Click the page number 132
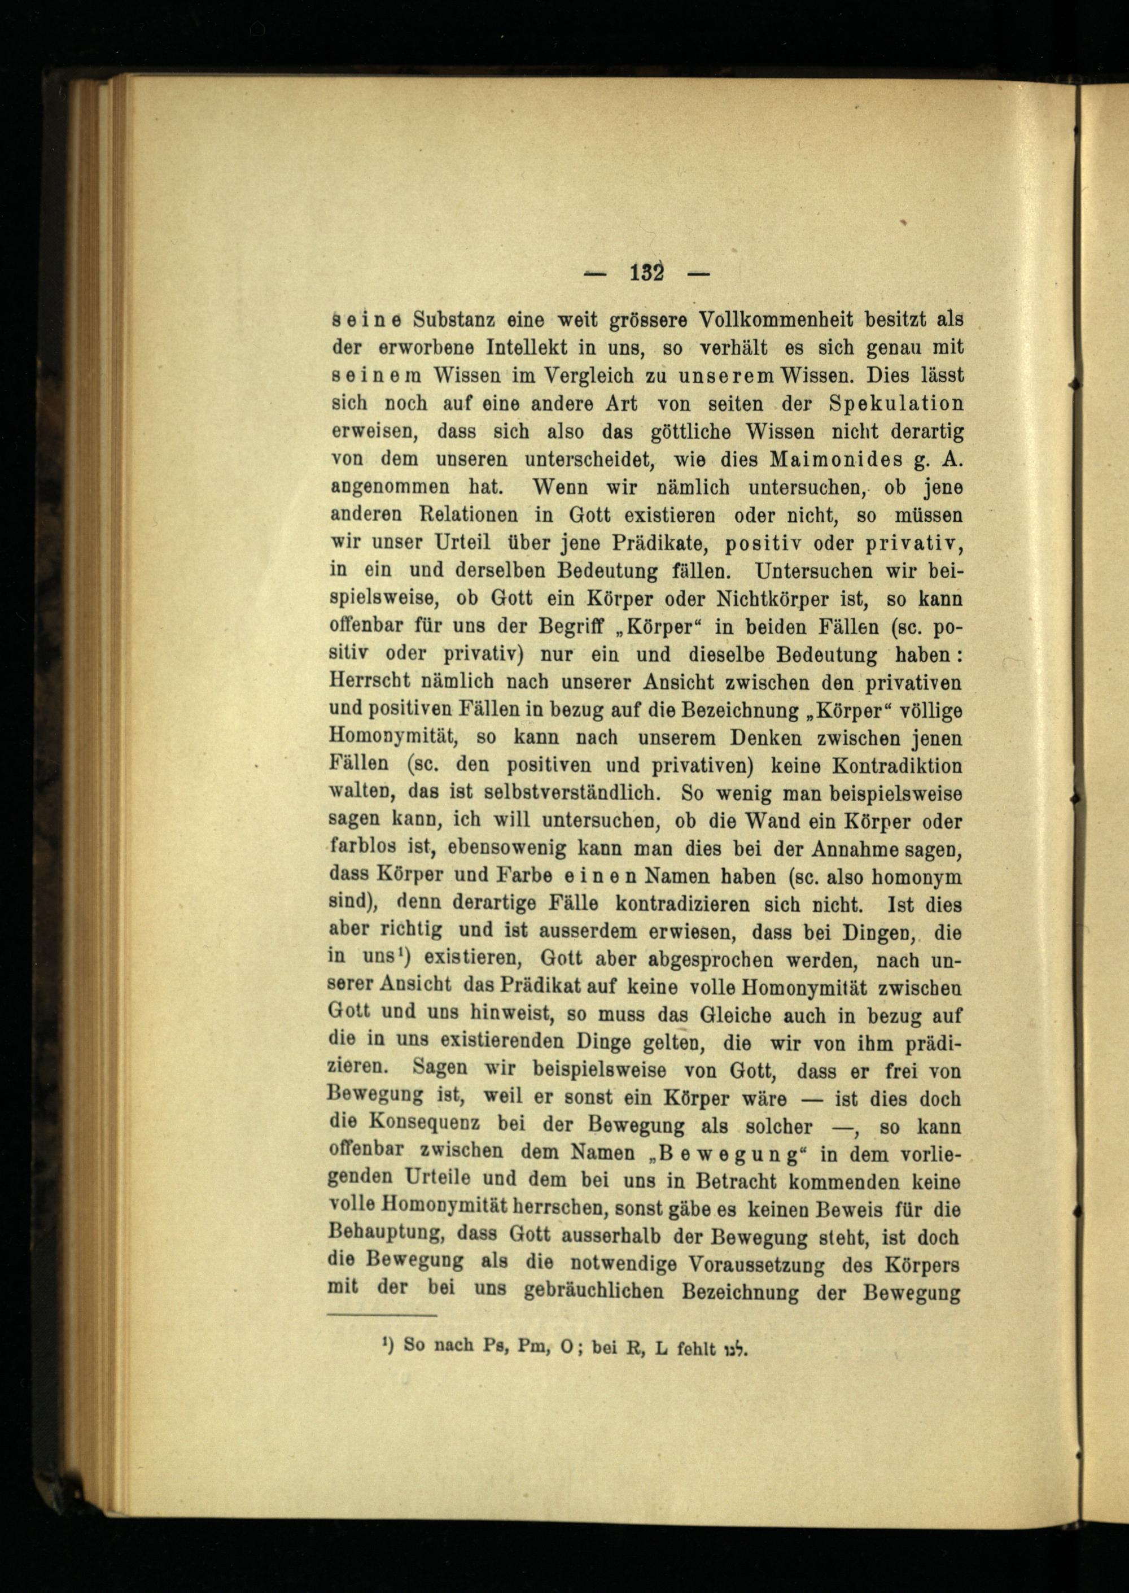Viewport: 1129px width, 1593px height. click(x=648, y=273)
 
